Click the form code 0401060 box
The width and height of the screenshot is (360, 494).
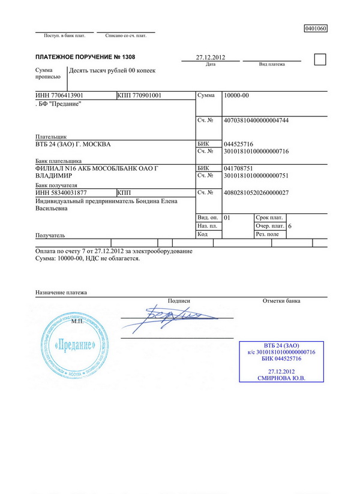pyautogui.click(x=316, y=28)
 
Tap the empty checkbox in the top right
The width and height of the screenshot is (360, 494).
pyautogui.click(x=320, y=59)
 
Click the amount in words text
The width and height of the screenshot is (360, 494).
pyautogui.click(x=112, y=71)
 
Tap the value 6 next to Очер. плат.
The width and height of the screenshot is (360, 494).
pyautogui.click(x=290, y=226)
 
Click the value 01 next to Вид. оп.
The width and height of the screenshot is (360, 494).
pyautogui.click(x=226, y=217)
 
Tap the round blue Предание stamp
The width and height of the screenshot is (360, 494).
pyautogui.click(x=74, y=346)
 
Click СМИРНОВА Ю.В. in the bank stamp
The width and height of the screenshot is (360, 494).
pyautogui.click(x=281, y=378)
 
